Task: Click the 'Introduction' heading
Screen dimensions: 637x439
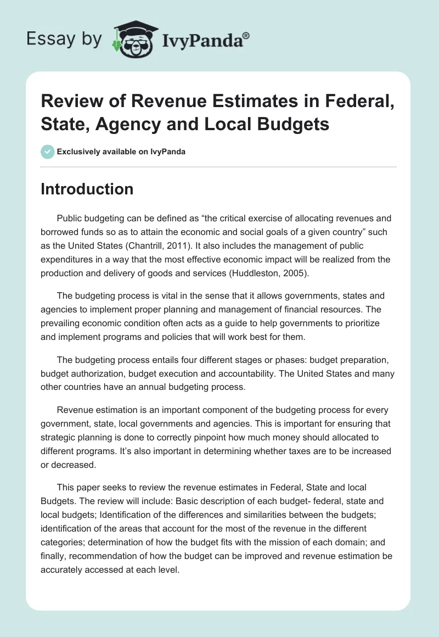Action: [87, 189]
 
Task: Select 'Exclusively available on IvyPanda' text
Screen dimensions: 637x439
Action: [120, 152]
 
